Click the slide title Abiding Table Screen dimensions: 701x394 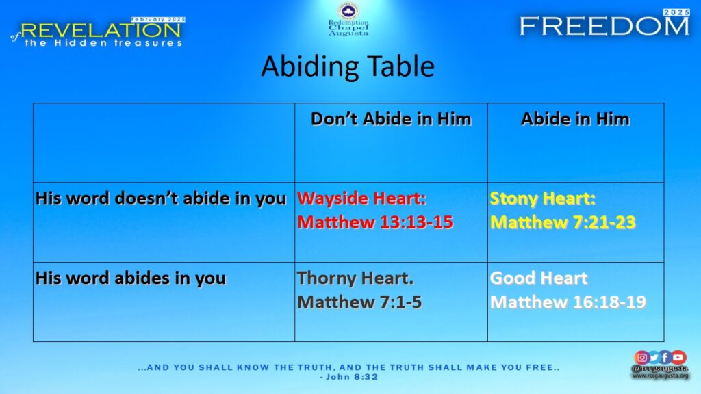pos(348,66)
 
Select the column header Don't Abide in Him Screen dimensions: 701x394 pos(391,119)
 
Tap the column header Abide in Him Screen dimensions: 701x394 pos(575,119)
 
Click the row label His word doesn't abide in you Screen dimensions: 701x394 pos(161,198)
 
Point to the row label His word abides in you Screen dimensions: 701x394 pos(131,278)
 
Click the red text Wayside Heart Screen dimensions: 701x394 pos(361,198)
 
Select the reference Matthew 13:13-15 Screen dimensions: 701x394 pos(375,222)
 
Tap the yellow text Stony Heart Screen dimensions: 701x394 pos(543,198)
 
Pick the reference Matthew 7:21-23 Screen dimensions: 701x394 pos(563,222)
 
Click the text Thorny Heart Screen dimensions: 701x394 pos(355,278)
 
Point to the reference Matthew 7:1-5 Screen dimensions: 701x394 pos(359,302)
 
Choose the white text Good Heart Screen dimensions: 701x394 pos(539,278)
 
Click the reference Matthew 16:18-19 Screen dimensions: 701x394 pos(568,302)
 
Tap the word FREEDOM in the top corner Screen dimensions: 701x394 pos(604,27)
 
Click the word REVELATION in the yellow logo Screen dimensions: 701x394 pos(101,30)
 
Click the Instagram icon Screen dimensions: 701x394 pos(641,357)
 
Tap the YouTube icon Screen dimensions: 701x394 pos(678,357)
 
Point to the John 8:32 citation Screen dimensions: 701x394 pos(348,377)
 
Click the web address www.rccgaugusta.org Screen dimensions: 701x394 pos(661,376)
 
